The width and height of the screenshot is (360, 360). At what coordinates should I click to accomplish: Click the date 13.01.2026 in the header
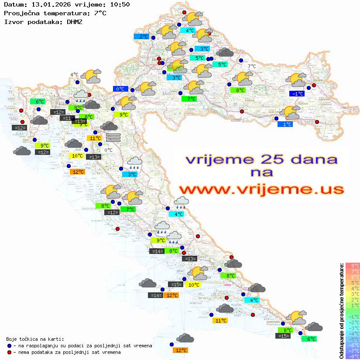pyautogui.click(x=51, y=4)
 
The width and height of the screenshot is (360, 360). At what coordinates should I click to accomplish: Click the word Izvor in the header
pyautogui.click(x=13, y=21)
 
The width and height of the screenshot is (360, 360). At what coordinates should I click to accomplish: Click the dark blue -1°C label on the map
pyautogui.click(x=297, y=93)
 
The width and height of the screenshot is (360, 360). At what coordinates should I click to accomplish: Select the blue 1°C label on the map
pyautogui.click(x=285, y=124)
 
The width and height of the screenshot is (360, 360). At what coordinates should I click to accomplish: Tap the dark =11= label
pyautogui.click(x=67, y=118)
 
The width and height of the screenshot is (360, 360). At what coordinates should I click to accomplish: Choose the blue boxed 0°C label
pyautogui.click(x=120, y=89)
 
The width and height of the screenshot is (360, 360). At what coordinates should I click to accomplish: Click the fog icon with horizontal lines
pyautogui.click(x=113, y=137)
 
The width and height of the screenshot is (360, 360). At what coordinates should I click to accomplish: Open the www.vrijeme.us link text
pyautogui.click(x=261, y=189)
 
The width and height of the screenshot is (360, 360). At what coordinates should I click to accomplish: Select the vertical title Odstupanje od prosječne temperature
pyautogui.click(x=341, y=310)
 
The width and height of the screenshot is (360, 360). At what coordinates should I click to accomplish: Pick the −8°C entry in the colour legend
pyautogui.click(x=352, y=356)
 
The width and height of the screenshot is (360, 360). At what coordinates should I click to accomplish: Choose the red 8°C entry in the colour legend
pyautogui.click(x=352, y=265)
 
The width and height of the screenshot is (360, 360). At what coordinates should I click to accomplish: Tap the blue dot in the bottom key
pyautogui.click(x=10, y=346)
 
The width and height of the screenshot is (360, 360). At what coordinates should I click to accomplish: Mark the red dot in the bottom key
pyautogui.click(x=10, y=352)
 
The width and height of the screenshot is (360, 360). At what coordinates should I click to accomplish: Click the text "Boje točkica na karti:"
pyautogui.click(x=35, y=339)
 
